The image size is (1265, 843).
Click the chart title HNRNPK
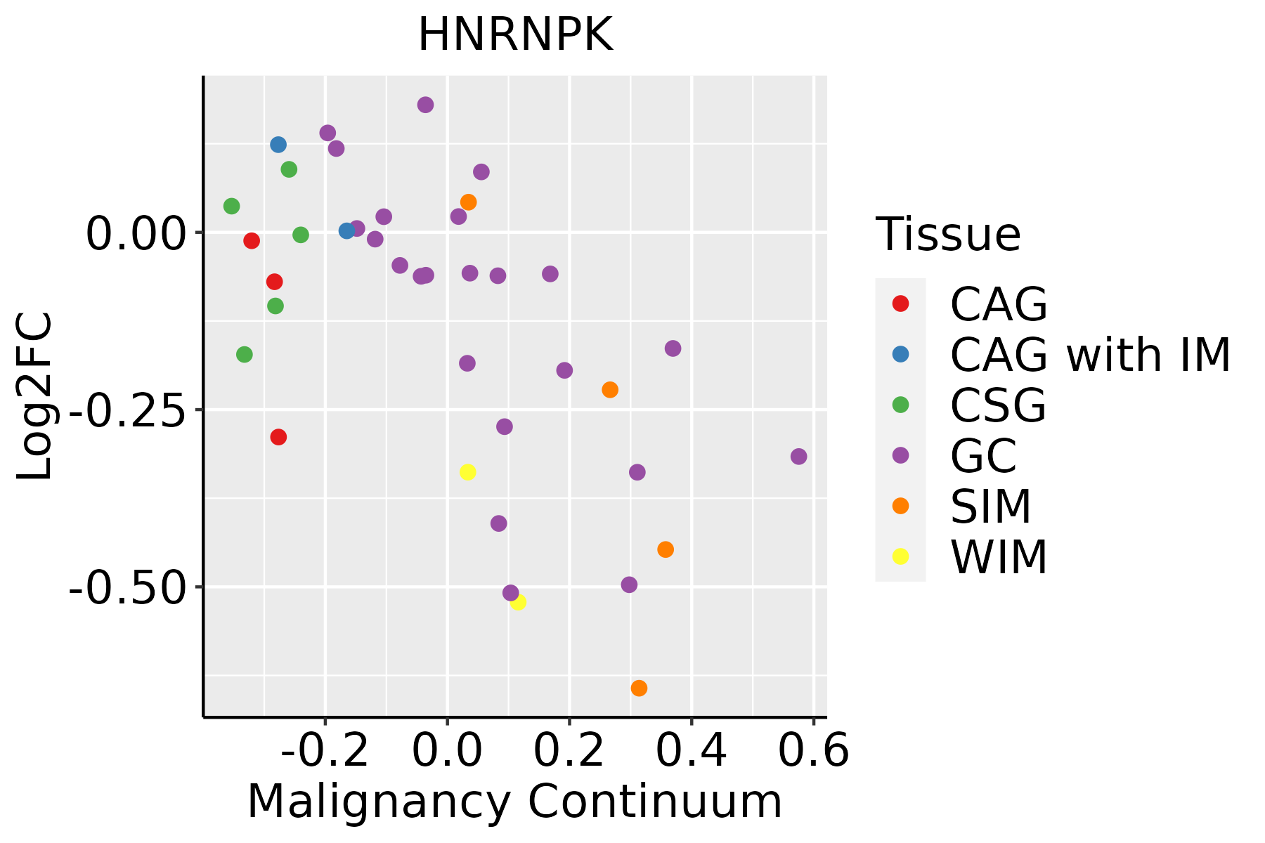(x=516, y=35)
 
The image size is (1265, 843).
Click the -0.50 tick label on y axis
(x=127, y=587)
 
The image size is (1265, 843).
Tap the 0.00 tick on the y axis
(x=136, y=233)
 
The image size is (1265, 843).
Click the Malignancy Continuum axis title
(x=514, y=802)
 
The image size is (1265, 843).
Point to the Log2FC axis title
(x=34, y=396)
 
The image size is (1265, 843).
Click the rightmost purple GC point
(x=798, y=457)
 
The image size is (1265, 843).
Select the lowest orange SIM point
(x=639, y=688)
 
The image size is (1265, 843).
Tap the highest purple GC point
(x=425, y=105)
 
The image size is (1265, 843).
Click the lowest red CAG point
(x=278, y=437)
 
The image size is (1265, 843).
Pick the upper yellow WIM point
(x=467, y=472)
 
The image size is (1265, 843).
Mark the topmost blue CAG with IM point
(x=278, y=145)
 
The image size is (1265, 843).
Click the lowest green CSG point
(x=244, y=355)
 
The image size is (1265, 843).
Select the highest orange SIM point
(x=468, y=202)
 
